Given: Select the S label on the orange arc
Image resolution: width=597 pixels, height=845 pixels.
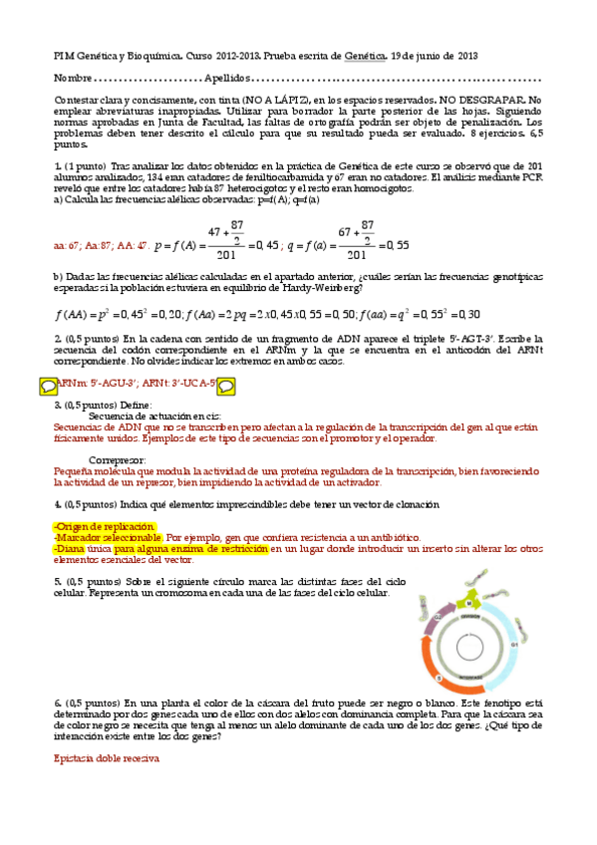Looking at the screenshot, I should click(439, 678).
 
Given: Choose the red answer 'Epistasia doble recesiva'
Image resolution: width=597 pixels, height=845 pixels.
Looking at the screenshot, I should click(105, 758).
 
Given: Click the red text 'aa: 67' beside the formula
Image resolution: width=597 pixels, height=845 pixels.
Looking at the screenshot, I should click(65, 244).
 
